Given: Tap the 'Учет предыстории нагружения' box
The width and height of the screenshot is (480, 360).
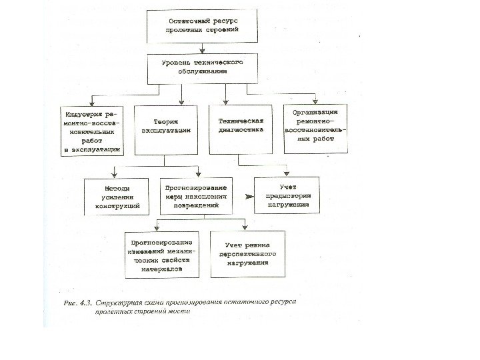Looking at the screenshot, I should [288, 196].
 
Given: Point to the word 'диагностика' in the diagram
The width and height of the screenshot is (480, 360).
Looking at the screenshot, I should [241, 131].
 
